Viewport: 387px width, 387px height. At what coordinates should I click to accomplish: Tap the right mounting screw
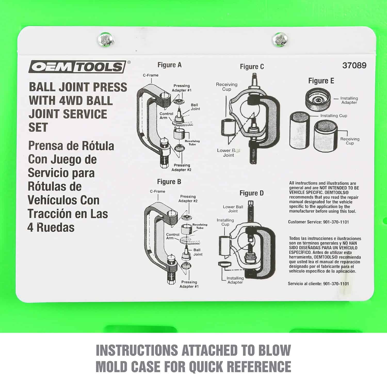click(x=280, y=40)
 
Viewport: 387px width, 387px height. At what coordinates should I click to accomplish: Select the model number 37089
click(x=354, y=65)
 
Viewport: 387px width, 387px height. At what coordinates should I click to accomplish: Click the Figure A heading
click(x=170, y=65)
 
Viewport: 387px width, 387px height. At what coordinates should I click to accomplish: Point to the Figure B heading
click(x=169, y=182)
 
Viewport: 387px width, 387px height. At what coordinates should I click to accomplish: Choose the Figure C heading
click(x=252, y=67)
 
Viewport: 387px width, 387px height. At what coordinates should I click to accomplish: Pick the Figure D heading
click(x=252, y=193)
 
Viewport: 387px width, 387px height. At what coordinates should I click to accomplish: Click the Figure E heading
click(x=321, y=81)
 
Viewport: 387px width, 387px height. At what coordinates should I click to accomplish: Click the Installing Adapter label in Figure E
click(x=349, y=100)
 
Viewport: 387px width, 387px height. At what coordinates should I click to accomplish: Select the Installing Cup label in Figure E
click(x=334, y=116)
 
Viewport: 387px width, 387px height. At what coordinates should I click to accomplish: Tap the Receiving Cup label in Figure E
click(x=350, y=141)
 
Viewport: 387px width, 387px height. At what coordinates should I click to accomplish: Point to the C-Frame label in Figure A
click(x=151, y=75)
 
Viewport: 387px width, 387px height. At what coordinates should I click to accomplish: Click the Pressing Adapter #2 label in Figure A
click(x=182, y=167)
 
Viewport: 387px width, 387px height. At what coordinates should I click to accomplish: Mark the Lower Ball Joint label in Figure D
click(x=233, y=209)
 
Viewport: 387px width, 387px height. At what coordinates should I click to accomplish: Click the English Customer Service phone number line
click(x=318, y=222)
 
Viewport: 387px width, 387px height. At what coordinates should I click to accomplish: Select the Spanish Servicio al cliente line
click(x=318, y=284)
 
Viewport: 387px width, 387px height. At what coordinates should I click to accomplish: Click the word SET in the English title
click(x=38, y=127)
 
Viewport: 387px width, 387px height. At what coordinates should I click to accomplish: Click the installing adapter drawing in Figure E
click(x=318, y=99)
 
